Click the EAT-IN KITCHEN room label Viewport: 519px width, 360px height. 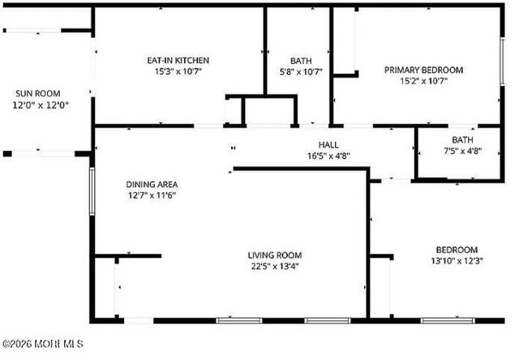click(x=178, y=61)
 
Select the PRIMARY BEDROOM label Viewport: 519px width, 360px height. click(x=423, y=71)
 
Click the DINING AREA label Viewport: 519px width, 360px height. click(x=152, y=184)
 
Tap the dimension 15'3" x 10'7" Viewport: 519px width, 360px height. click(x=178, y=71)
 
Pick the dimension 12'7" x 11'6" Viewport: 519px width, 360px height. click(x=152, y=195)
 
